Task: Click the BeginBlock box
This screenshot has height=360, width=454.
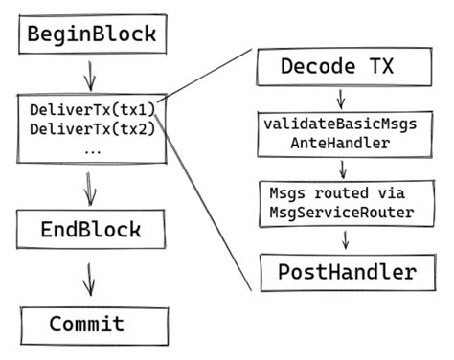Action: pos(91,35)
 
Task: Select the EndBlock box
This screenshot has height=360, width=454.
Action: pos(91,230)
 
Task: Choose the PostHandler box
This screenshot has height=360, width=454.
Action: pos(348,272)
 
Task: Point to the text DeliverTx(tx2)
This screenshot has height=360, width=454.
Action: pos(92,129)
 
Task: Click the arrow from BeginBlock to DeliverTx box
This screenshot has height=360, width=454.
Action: pos(88,74)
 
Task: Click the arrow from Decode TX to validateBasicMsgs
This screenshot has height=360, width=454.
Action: pos(339,99)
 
